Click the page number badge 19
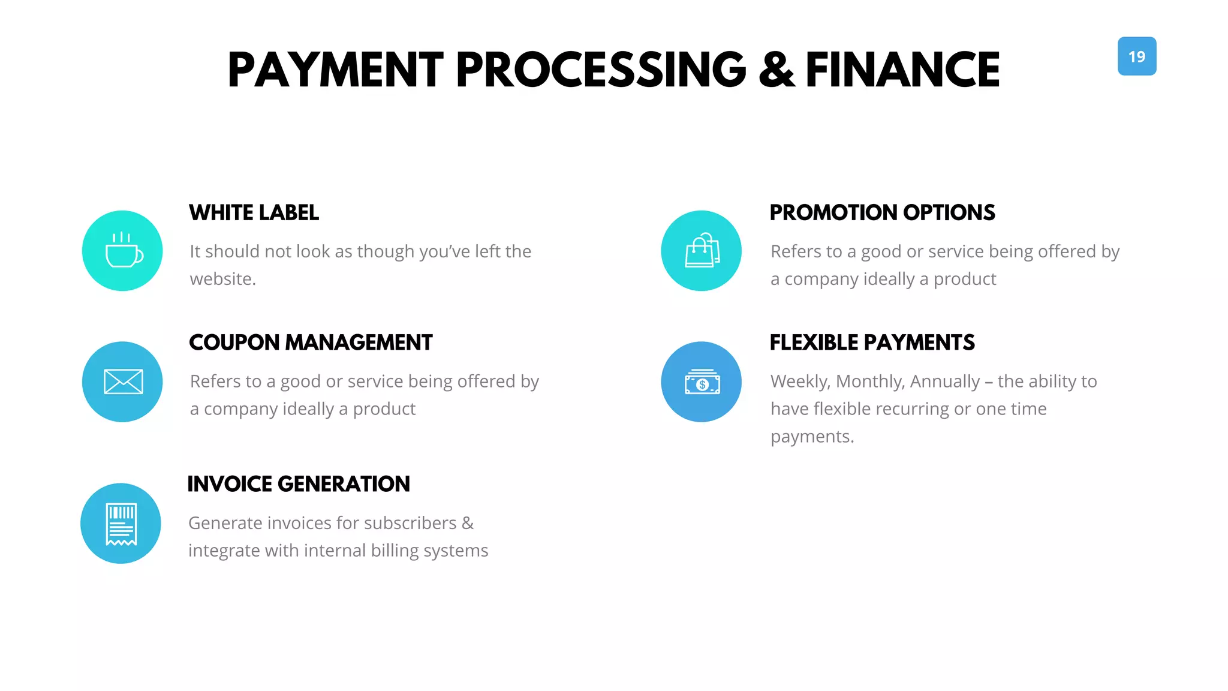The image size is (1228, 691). point(1136,56)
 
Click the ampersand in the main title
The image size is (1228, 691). point(776,70)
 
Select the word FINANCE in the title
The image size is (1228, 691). point(902,70)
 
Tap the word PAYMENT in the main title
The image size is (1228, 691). point(335,70)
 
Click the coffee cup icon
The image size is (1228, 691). point(123,251)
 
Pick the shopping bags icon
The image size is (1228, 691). point(702,251)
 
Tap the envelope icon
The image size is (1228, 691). point(123,381)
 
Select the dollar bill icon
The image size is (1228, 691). point(702,382)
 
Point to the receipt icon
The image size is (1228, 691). point(121,524)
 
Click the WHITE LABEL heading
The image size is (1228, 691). point(254,213)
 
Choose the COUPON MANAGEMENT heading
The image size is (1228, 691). point(311,343)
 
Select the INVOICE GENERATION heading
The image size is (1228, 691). point(299,484)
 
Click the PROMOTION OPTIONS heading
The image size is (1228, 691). point(882,213)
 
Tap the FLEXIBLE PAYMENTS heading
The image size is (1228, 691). point(872,343)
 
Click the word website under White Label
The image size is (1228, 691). point(222,279)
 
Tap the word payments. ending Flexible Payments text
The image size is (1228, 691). point(812,437)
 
